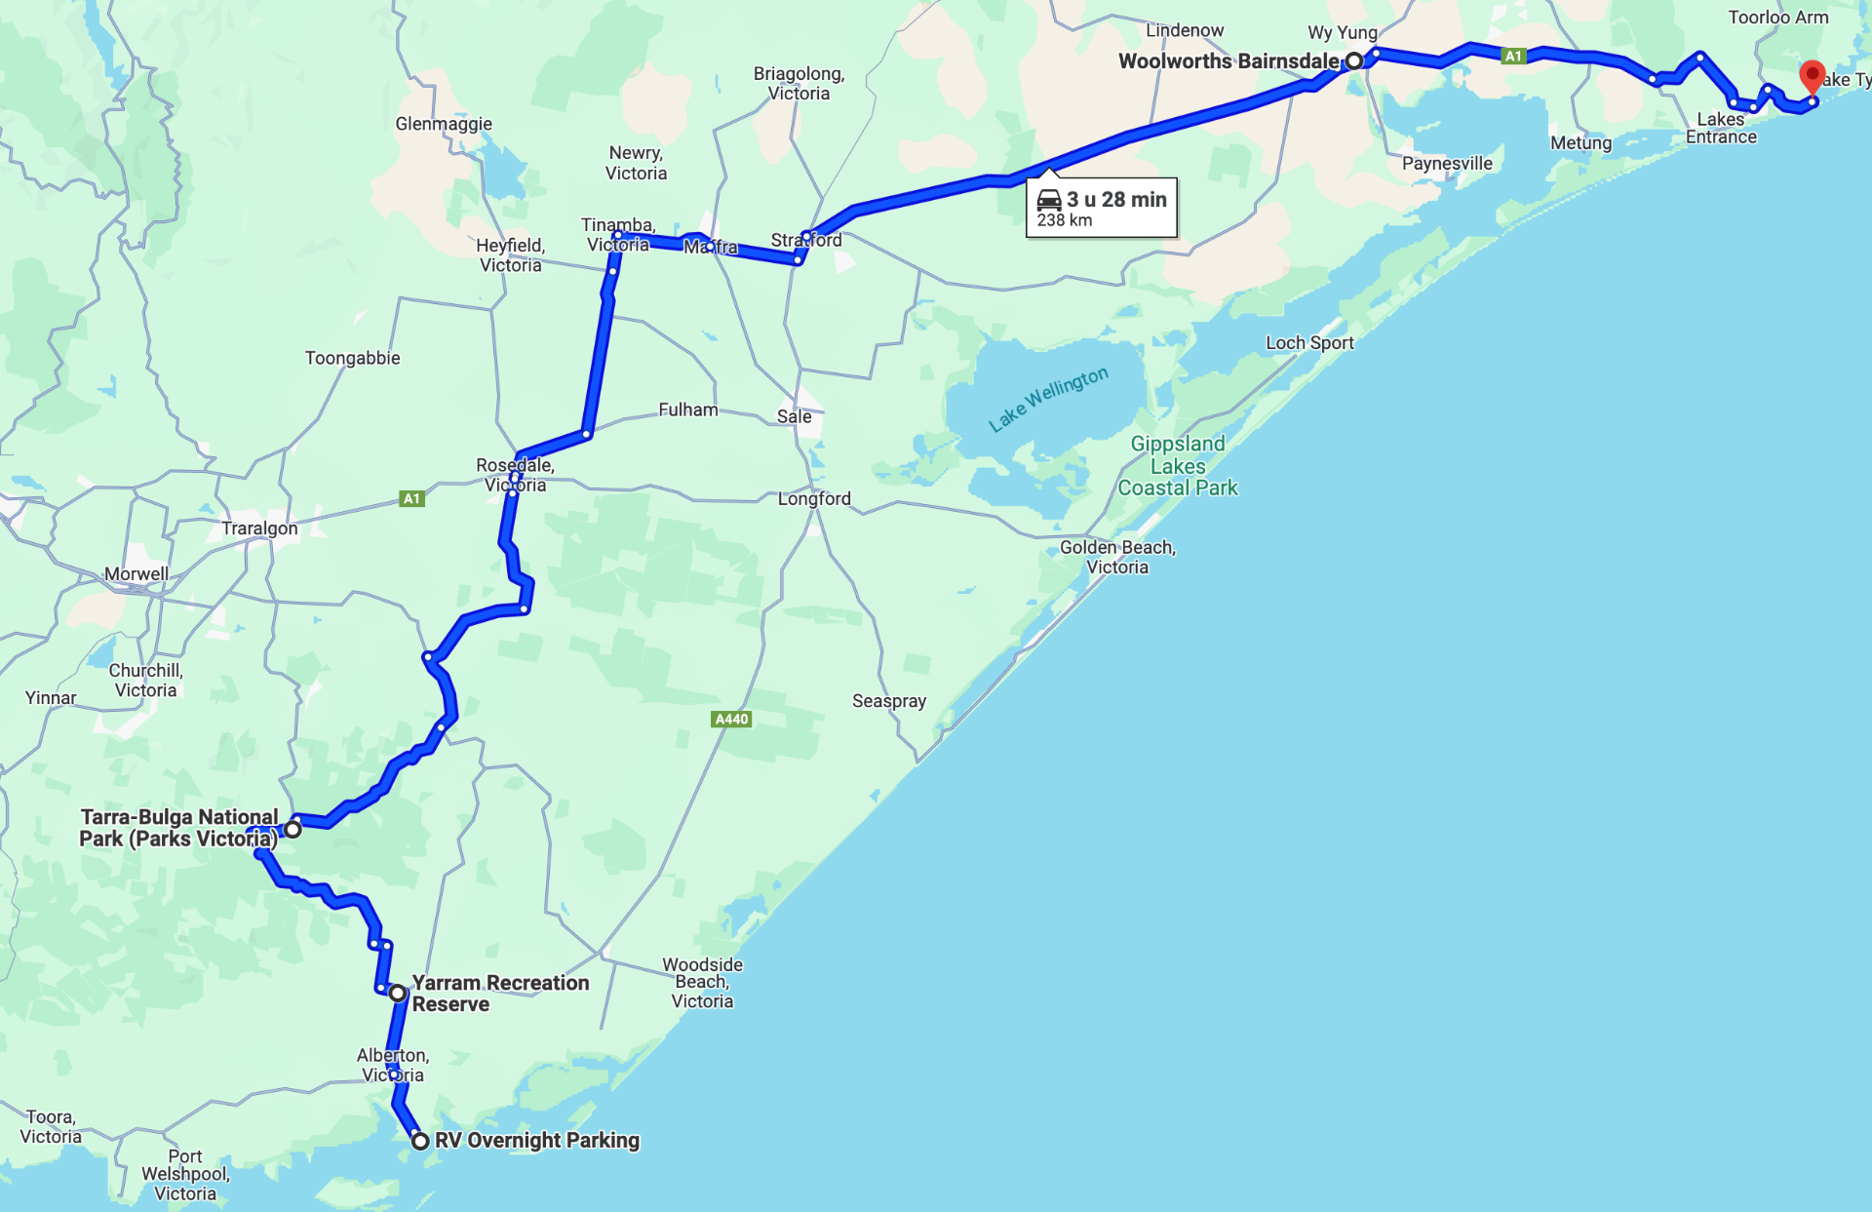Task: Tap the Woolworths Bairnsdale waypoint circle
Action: click(1354, 61)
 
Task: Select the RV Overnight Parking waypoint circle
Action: click(420, 1141)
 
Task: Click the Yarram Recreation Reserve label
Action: click(500, 994)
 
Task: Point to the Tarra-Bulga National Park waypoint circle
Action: click(292, 830)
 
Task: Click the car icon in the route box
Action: click(1049, 200)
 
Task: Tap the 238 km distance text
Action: click(1065, 220)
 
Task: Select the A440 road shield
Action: click(731, 720)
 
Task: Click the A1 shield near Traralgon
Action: click(411, 499)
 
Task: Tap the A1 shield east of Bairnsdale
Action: click(1513, 57)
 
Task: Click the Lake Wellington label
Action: click(1048, 399)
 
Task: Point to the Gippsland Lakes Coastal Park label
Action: click(1178, 466)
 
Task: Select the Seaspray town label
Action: click(889, 701)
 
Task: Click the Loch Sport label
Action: click(1309, 343)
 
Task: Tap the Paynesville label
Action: click(1447, 164)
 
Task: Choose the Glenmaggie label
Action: click(444, 124)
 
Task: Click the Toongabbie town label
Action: click(353, 358)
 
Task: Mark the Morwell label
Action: click(136, 574)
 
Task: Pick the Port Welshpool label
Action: click(185, 1175)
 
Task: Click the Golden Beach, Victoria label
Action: click(1117, 558)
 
